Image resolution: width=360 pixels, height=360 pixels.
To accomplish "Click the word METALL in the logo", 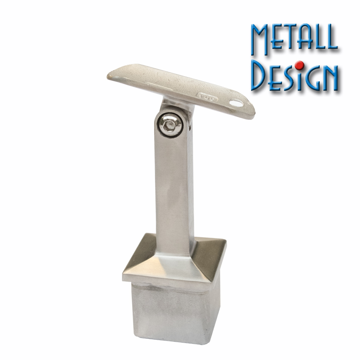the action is tap(294, 39).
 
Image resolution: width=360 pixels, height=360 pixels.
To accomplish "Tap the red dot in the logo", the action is tap(299, 65).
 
